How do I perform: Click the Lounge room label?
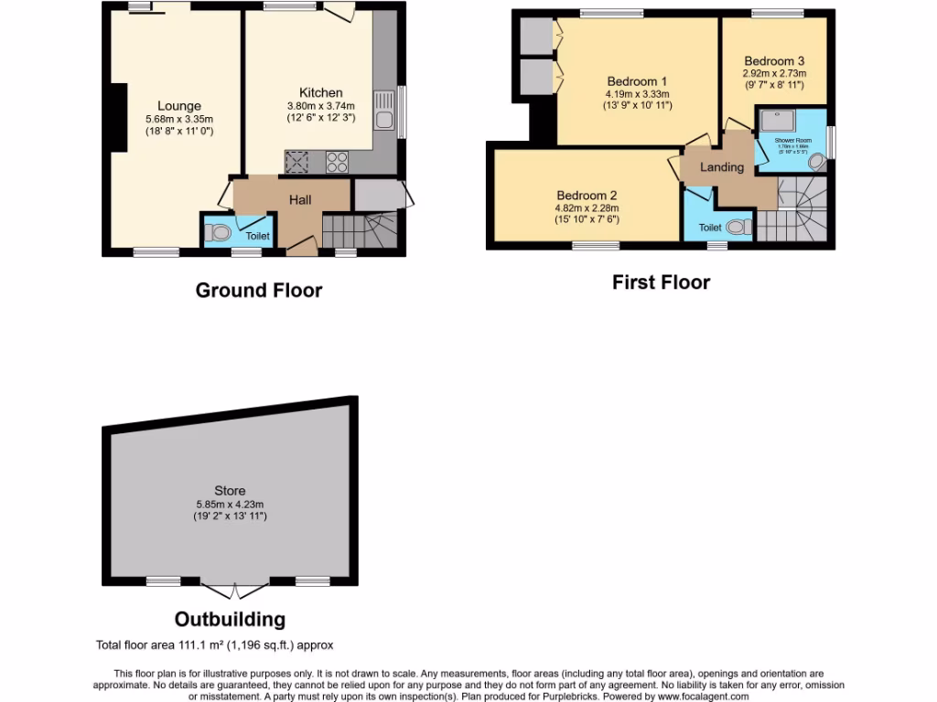click(178, 106)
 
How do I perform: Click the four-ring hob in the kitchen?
click(338, 162)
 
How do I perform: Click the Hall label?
click(300, 199)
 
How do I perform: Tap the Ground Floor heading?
click(258, 291)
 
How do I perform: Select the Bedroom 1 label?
click(637, 80)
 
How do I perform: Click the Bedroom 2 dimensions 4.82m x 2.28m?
click(587, 207)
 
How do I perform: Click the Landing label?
click(722, 167)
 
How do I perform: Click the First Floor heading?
click(661, 282)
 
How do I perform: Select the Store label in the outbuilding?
click(230, 491)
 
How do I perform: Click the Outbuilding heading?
click(230, 619)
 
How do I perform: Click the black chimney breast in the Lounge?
click(118, 116)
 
